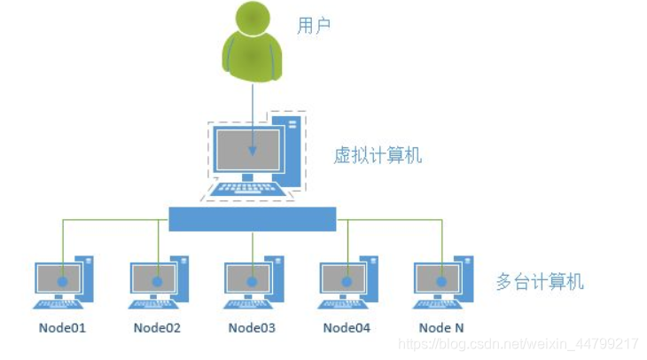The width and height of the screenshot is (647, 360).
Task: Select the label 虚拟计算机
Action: pyautogui.click(x=378, y=156)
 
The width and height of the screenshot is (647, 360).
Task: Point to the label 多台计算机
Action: pyautogui.click(x=541, y=283)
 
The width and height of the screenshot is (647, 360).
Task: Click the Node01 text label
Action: pyautogui.click(x=62, y=328)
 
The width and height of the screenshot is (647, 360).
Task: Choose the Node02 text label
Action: pyautogui.click(x=157, y=328)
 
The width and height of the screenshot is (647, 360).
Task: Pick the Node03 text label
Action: pyautogui.click(x=252, y=328)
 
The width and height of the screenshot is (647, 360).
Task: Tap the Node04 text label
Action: pyautogui.click(x=347, y=328)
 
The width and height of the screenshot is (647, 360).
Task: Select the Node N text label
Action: pyautogui.click(x=441, y=328)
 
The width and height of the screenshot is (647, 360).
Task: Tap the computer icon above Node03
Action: pyautogui.click(x=253, y=283)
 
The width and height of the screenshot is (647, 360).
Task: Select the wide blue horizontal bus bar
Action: pyautogui.click(x=253, y=218)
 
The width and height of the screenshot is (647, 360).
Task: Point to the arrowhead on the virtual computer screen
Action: pyautogui.click(x=253, y=152)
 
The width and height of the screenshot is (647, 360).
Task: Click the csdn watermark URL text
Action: pyautogui.click(x=518, y=343)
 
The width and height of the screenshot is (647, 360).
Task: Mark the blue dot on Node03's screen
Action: pyautogui.click(x=253, y=281)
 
